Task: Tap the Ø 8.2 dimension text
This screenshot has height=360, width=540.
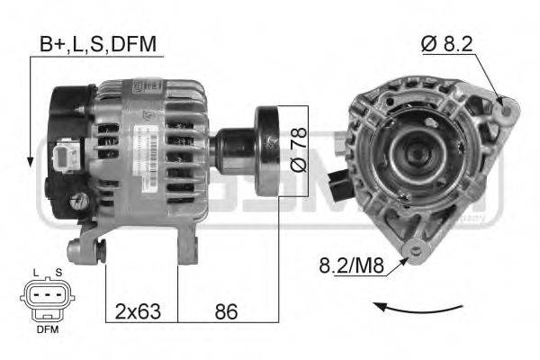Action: [x=447, y=42]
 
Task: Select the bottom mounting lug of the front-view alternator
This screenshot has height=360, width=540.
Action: [x=416, y=250]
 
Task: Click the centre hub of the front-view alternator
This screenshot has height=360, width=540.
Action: [x=416, y=154]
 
